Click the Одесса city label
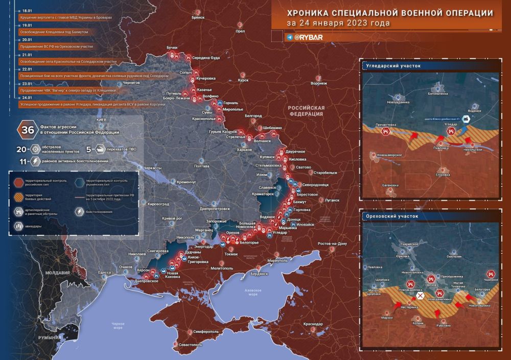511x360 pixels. coord(105,273)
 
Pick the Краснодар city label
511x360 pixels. coord(313,324)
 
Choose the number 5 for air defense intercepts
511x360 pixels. coord(88,150)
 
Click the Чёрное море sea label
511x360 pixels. coord(118,325)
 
